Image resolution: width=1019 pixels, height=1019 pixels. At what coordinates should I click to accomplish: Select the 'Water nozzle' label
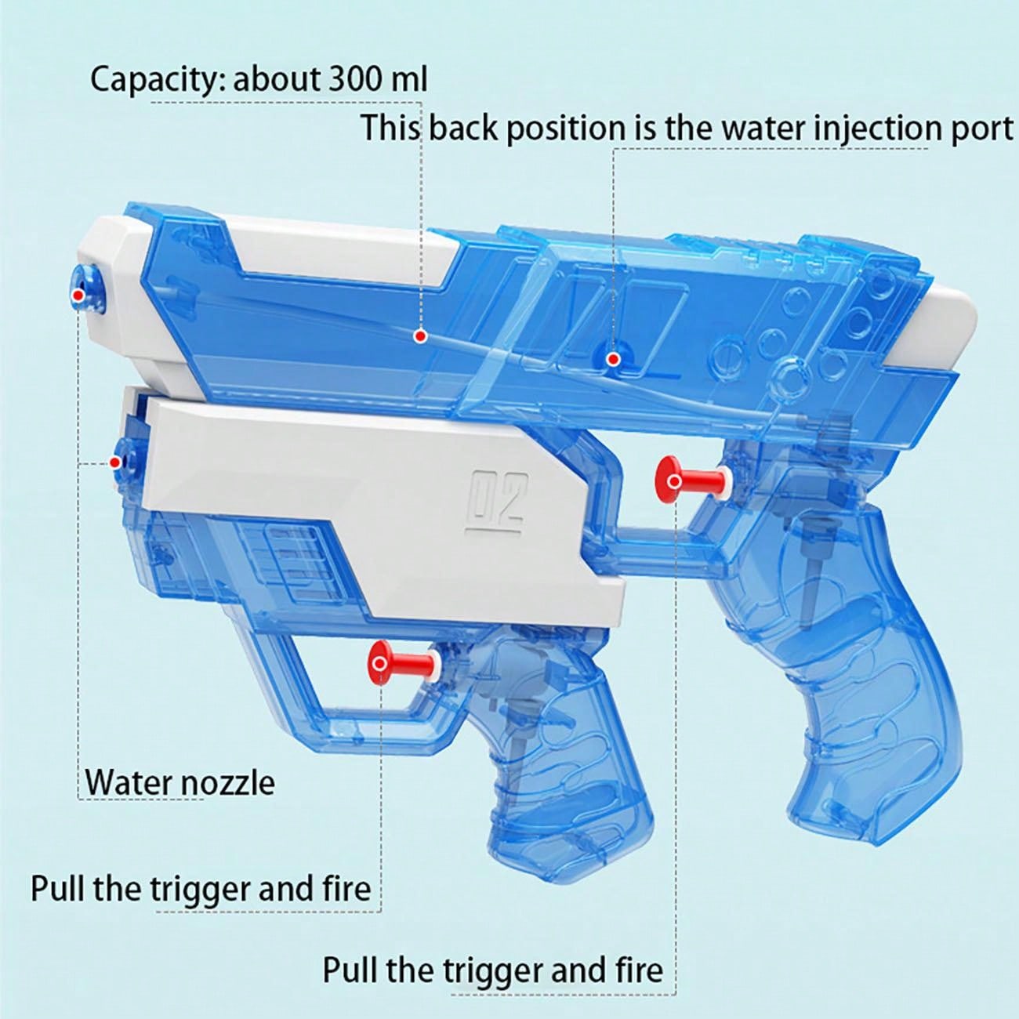(180, 782)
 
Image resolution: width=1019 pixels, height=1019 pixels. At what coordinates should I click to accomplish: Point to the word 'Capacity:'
(158, 80)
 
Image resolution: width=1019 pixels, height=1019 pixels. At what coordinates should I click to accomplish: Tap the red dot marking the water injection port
(614, 359)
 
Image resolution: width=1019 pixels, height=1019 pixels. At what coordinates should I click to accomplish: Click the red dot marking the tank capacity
(420, 336)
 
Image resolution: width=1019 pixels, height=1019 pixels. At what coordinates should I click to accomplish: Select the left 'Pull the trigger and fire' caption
(200, 889)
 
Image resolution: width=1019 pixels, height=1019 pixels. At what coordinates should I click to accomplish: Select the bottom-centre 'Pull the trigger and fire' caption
(492, 970)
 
